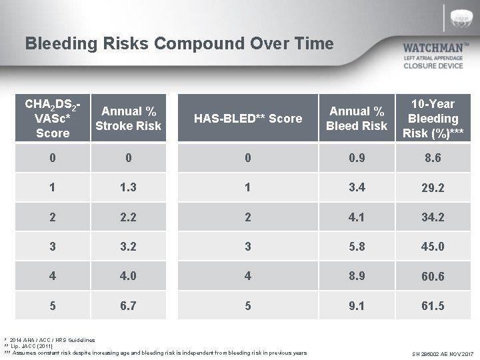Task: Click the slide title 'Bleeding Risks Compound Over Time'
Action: coord(179,44)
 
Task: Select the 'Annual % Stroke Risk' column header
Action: coord(128,119)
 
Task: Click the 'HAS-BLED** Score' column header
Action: coord(247,119)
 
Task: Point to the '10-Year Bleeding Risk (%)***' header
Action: coord(433,119)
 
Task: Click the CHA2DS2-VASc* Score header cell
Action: coord(53,119)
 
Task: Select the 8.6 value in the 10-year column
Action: coord(433,159)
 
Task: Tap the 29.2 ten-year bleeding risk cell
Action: coord(433,189)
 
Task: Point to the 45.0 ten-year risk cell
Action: coord(433,247)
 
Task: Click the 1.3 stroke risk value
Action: coord(128,188)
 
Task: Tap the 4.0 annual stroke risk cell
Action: coord(128,275)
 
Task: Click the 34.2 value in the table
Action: coord(433,217)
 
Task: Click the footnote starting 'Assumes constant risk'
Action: coord(160,353)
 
